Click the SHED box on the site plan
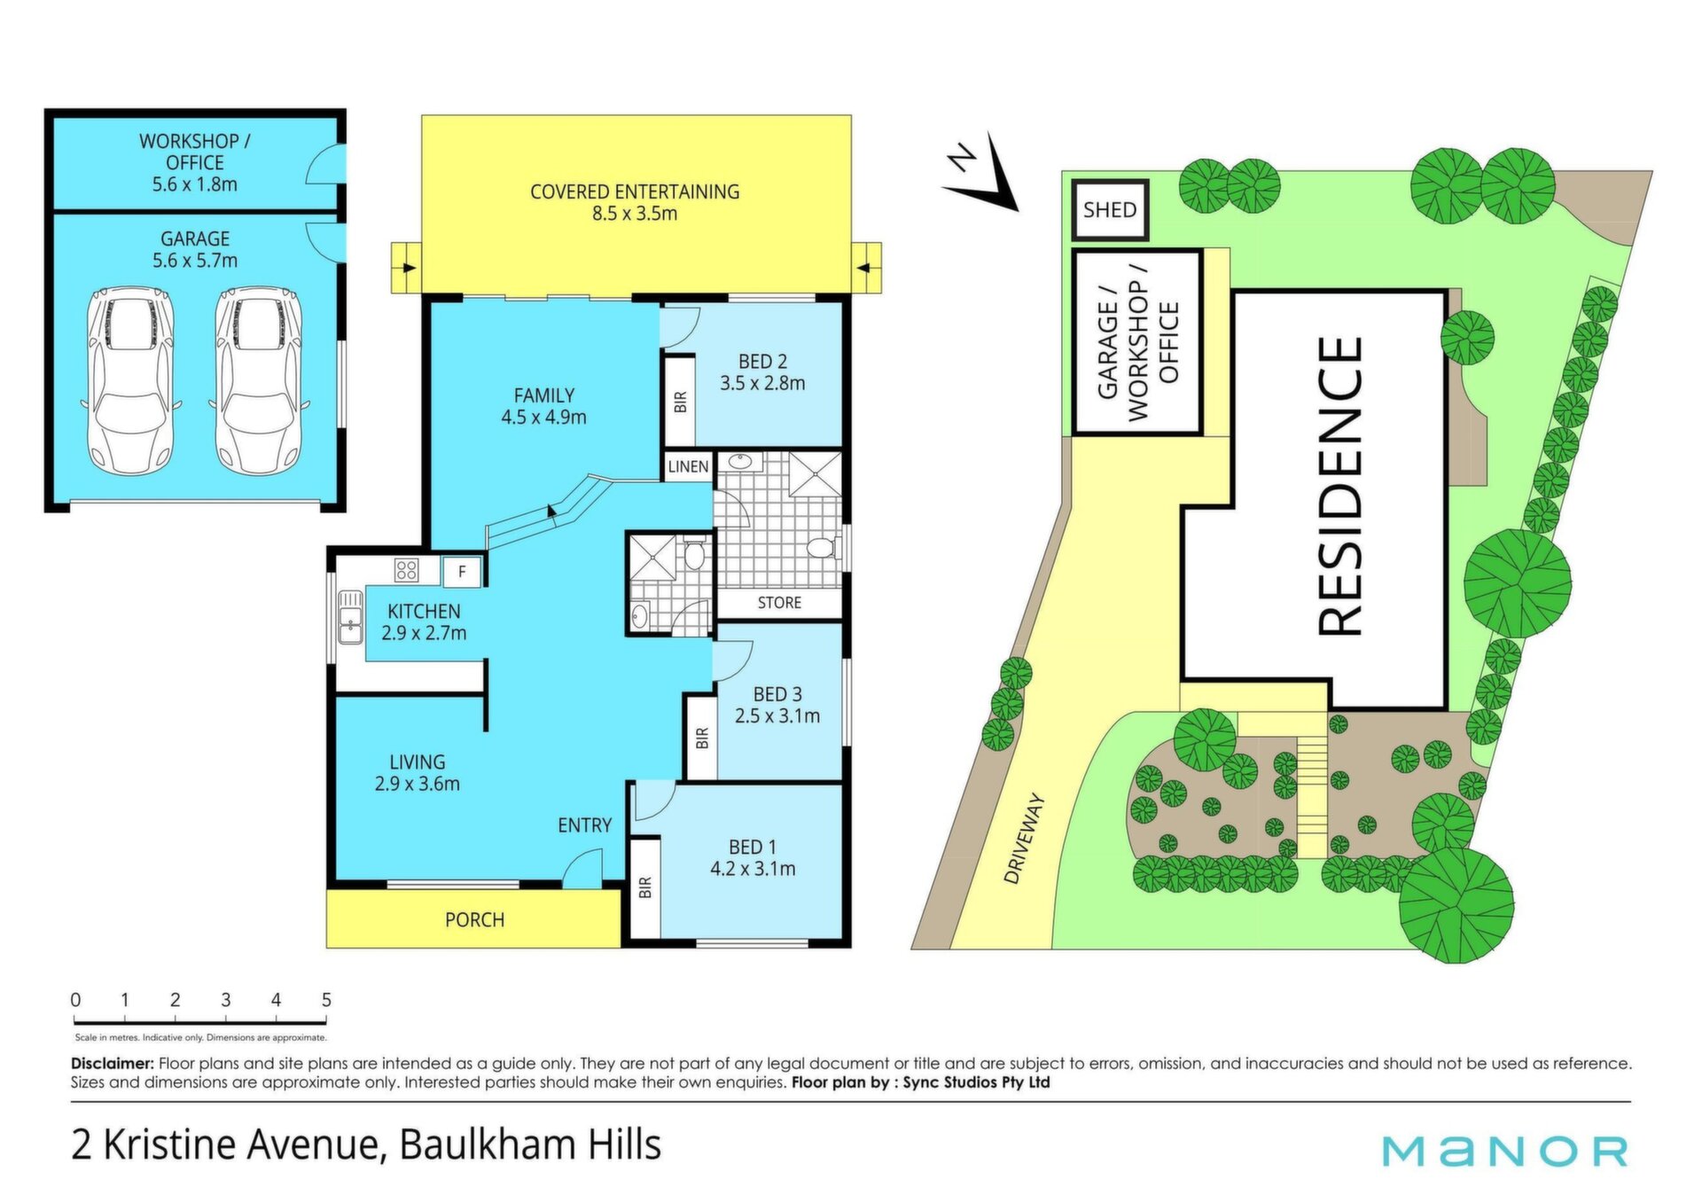coord(1110,210)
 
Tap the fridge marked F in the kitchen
coord(462,572)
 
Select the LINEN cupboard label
coord(689,467)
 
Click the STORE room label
coord(779,603)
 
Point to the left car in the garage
coord(131,379)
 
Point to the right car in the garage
coord(259,379)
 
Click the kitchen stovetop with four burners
coord(407,569)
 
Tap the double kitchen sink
coord(350,615)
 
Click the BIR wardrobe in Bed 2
coord(680,401)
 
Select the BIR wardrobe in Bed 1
coord(645,887)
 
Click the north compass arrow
coord(984,174)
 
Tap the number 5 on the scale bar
coord(326,1000)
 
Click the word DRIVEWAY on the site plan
coord(1025,839)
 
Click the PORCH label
coord(474,920)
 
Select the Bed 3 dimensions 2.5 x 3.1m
coord(777,716)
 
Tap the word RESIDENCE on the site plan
coord(1339,487)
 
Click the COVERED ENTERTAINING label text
coord(635,191)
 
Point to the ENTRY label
coord(584,825)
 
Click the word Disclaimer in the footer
coord(113,1063)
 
